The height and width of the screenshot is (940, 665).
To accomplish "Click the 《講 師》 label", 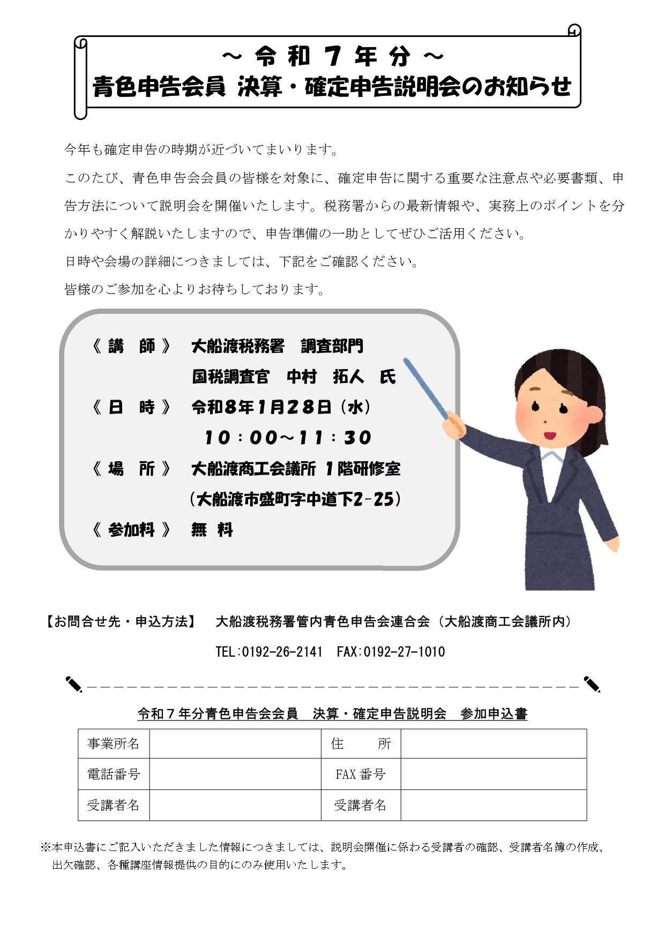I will point(131,347).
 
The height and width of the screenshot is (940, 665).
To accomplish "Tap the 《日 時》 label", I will point(131,408).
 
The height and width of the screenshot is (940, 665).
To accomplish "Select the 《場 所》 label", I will point(131,469).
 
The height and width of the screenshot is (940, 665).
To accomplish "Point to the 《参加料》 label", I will point(131,530).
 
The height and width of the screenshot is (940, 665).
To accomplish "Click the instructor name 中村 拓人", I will point(325,377).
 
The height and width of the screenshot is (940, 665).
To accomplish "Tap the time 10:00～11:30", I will point(288,438).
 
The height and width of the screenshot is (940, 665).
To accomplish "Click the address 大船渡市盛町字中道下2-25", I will point(295,500).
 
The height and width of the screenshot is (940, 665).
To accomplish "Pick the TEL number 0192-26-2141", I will point(282,652).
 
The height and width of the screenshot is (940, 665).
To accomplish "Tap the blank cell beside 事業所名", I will point(235,743).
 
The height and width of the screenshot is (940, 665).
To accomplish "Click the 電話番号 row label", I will point(114,774).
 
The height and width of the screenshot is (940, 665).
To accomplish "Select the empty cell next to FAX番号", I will point(493,774).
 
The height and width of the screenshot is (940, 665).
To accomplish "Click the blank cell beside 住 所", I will point(493,743).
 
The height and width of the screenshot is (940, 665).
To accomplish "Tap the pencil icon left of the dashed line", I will point(73,684).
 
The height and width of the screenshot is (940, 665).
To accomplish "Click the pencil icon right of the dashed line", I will point(592,684).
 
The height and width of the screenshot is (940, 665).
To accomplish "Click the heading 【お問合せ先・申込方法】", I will point(120,621).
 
